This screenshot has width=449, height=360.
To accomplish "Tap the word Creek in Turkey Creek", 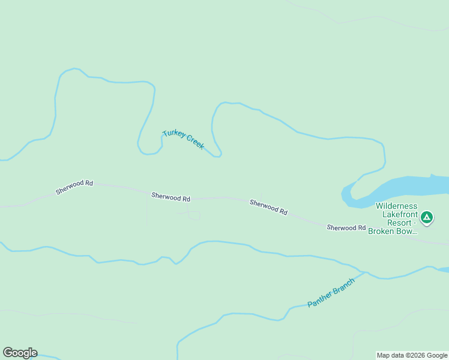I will [194, 143].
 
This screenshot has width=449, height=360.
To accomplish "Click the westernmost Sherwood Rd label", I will [74, 187].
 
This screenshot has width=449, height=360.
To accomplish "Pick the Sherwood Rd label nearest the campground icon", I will [346, 227].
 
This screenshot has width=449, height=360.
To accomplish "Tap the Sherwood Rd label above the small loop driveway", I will [170, 196].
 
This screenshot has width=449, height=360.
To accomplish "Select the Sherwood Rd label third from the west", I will [268, 208].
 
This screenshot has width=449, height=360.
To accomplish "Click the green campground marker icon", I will [427, 217].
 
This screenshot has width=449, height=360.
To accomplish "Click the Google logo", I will [20, 353].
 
